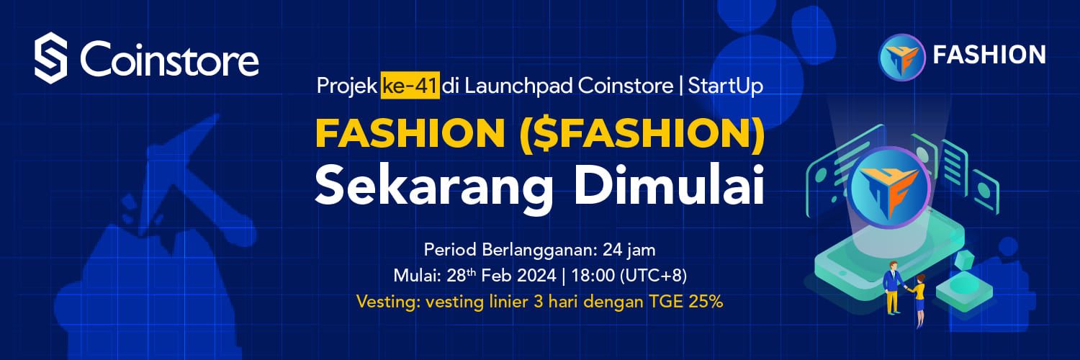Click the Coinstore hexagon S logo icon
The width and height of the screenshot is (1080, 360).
tap(50, 58)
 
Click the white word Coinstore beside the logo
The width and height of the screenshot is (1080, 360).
tap(170, 59)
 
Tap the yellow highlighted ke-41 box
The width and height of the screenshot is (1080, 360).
tap(410, 85)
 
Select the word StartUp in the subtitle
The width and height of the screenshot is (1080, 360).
tap(725, 86)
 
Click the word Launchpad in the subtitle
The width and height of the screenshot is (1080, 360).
tap(519, 86)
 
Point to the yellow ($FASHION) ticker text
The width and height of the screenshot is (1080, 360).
tap(642, 133)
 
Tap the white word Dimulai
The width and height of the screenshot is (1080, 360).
tap(669, 185)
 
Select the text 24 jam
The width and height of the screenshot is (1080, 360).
tap(629, 250)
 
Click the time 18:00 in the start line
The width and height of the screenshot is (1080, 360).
tap(593, 275)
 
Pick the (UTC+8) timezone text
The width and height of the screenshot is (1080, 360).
tap(653, 275)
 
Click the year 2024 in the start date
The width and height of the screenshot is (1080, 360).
tap(536, 275)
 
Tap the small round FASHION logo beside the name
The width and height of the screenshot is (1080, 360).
tap(902, 57)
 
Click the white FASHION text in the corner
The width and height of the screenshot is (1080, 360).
tap(989, 55)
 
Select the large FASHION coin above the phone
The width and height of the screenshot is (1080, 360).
tap(889, 187)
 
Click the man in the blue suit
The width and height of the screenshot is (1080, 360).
tap(893, 288)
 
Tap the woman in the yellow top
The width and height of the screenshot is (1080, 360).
tap(919, 300)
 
